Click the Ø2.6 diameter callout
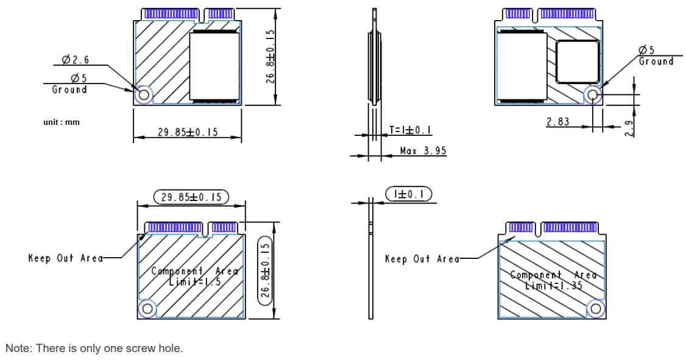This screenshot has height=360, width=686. click(75, 60)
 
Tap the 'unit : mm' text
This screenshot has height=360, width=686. click(62, 122)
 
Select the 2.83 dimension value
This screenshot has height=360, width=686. click(557, 122)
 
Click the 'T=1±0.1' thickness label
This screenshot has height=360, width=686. click(411, 130)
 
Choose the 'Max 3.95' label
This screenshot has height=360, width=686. click(423, 150)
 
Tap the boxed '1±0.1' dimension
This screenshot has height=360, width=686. click(409, 194)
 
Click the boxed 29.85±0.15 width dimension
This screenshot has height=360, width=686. click(191, 197)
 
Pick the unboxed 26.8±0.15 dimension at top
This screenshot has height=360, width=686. click(272, 56)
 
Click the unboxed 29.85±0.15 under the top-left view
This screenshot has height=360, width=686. click(188, 132)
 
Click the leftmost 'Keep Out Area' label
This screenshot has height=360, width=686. click(66, 258)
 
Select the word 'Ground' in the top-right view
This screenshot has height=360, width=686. click(656, 61)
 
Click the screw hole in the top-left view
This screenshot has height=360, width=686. click(144, 95)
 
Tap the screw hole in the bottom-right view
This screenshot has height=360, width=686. click(595, 309)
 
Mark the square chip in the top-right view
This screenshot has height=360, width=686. click(577, 62)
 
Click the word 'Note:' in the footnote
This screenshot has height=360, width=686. click(19, 348)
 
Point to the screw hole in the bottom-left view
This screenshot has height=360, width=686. click(147, 309)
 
